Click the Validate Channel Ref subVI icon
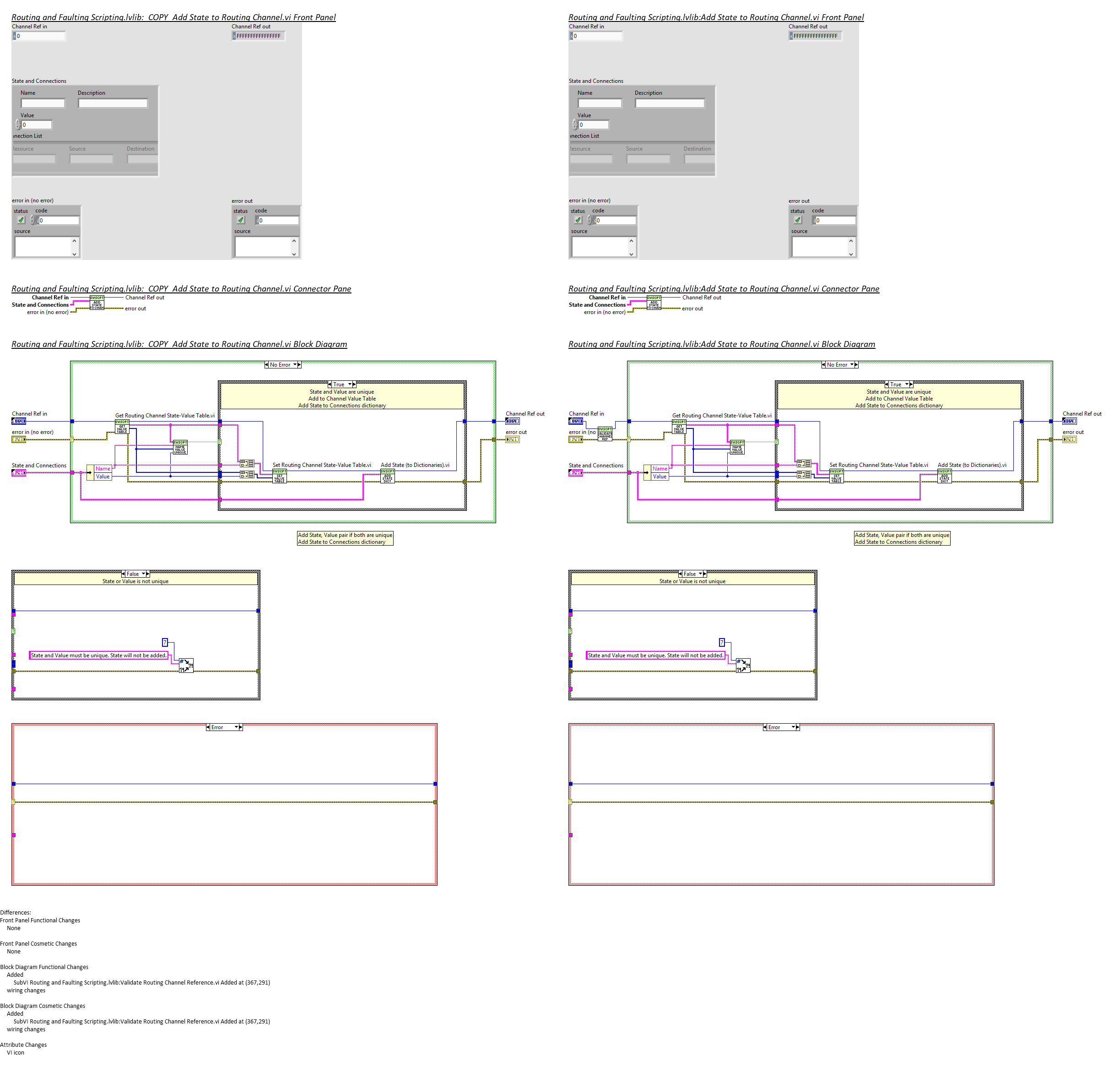605,433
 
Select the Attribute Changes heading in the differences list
23,1045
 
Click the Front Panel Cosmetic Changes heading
38,943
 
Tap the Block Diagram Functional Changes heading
44,967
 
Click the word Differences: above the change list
16,912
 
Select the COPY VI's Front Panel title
173,17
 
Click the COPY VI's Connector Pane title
181,289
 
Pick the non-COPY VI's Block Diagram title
721,344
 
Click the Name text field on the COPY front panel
43,103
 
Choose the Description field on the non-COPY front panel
670,103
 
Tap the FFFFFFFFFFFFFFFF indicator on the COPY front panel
259,36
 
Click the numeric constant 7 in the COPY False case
165,642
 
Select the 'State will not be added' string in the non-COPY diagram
655,655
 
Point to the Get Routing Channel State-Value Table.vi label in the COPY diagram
165,416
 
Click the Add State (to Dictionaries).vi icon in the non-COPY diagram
944,476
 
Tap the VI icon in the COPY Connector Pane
97,303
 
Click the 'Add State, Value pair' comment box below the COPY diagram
345,538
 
